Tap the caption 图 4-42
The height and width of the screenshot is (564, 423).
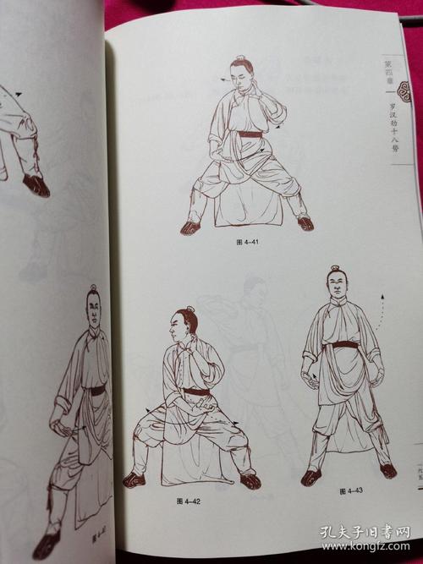tap(187, 502)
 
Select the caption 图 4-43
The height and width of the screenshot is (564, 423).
tap(347, 490)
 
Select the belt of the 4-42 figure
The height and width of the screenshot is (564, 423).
tap(197, 392)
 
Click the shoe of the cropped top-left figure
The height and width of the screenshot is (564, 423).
tap(36, 185)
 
